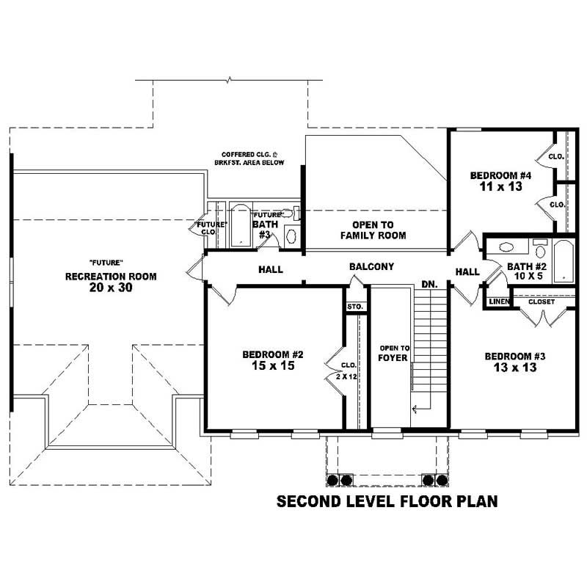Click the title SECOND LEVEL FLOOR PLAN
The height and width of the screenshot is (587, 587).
click(x=387, y=502)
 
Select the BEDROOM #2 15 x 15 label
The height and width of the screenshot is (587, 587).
click(x=273, y=360)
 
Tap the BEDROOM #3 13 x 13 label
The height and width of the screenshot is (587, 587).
click(x=514, y=362)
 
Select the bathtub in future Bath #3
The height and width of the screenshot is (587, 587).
click(x=240, y=226)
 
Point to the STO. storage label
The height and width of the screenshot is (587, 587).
click(x=355, y=307)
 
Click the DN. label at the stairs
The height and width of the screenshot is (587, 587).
click(x=429, y=284)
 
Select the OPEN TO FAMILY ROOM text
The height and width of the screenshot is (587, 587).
click(x=373, y=230)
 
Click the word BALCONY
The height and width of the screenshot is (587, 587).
click(x=371, y=267)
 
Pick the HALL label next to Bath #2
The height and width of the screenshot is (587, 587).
click(x=467, y=271)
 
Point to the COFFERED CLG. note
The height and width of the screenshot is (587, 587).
click(x=249, y=158)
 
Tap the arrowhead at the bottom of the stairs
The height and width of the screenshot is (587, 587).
click(x=415, y=409)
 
